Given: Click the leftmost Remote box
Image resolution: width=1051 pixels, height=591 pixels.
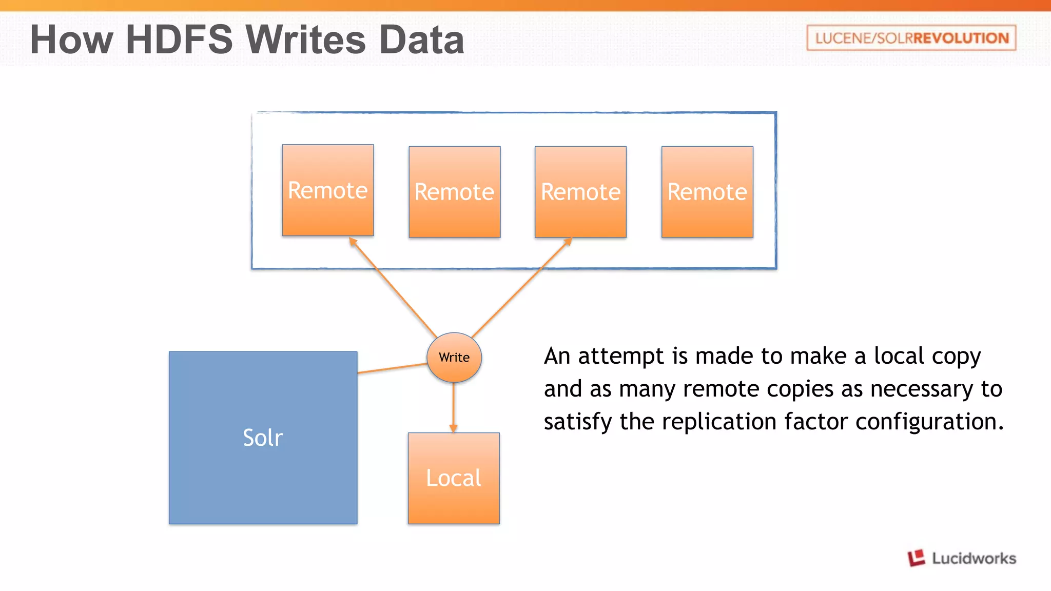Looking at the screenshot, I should [327, 190].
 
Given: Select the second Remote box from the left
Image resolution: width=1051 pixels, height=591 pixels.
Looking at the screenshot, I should [454, 192].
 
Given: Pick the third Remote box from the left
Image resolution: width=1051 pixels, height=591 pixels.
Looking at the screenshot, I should [580, 192].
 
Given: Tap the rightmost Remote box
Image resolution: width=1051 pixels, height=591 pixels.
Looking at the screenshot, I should [707, 192].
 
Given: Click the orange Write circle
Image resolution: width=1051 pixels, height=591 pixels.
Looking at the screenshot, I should [454, 358].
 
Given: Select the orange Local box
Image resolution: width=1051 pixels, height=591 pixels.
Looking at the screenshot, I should [454, 478].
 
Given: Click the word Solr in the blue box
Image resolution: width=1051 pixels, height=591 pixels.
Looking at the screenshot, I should [263, 438].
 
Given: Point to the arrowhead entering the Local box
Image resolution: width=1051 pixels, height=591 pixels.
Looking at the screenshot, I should [453, 428].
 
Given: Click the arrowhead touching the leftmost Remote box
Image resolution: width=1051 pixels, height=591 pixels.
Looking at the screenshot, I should [353, 241].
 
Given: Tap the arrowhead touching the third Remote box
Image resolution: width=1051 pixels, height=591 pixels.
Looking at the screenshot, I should [568, 242].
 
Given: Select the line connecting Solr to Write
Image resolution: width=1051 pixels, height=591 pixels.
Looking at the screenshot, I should [392, 368].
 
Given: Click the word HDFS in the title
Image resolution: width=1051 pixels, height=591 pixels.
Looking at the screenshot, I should [179, 40].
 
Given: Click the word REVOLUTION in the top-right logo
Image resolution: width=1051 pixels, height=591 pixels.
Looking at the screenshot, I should [961, 38].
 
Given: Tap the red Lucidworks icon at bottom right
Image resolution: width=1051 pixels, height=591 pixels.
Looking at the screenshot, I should [916, 558].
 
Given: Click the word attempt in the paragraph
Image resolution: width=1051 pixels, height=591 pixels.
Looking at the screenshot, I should [621, 356].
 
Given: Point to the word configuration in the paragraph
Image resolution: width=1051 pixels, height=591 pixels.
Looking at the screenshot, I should [929, 422].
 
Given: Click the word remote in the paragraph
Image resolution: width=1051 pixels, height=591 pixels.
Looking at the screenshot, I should [721, 389].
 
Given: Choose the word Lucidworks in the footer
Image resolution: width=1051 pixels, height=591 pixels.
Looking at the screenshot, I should [974, 558].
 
